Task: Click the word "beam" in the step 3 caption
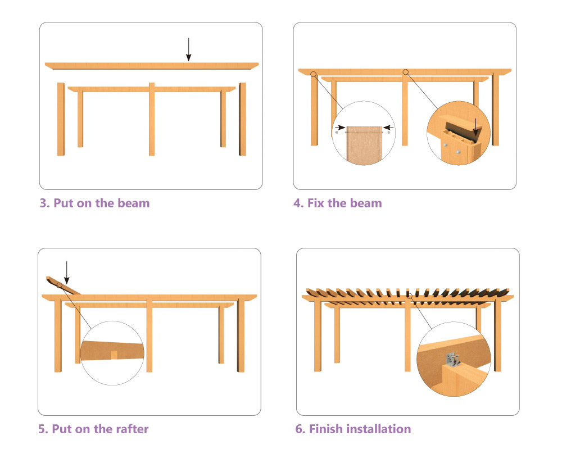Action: tap(133, 203)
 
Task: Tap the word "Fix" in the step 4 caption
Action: tap(315, 203)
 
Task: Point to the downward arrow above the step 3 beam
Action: tap(188, 49)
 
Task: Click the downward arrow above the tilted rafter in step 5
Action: tap(67, 273)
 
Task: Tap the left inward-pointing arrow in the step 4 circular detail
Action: tap(340, 127)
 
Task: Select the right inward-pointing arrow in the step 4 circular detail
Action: tap(388, 127)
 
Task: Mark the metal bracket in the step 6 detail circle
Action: tap(452, 360)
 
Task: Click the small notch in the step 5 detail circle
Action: tap(114, 355)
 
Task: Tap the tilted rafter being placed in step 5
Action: tap(63, 285)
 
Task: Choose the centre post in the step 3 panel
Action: tap(152, 119)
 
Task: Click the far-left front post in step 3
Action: tap(61, 119)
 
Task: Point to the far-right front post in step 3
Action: tap(243, 119)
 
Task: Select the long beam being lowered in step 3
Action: tap(152, 66)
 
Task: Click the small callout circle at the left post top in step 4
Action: tap(314, 74)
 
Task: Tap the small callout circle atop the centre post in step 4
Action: tap(405, 72)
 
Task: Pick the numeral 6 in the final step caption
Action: tap(298, 429)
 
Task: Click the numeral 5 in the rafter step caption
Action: tap(41, 429)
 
